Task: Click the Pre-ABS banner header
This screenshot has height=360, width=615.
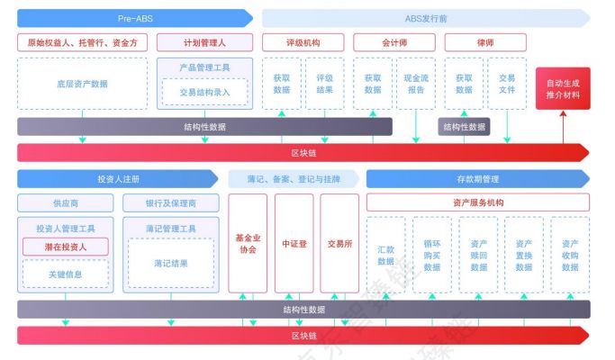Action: (x=135, y=18)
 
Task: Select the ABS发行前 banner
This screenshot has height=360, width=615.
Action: (x=426, y=18)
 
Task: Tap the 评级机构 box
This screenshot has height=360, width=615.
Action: (x=303, y=42)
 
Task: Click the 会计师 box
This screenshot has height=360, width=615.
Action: (x=394, y=42)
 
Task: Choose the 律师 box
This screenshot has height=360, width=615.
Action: (x=485, y=42)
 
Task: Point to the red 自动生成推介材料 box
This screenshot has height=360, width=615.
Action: (x=563, y=88)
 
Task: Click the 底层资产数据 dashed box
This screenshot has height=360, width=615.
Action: (x=82, y=84)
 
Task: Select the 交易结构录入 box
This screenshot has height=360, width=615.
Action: (x=204, y=92)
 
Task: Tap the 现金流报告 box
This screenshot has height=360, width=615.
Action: (x=416, y=84)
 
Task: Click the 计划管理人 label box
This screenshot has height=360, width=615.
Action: (x=204, y=42)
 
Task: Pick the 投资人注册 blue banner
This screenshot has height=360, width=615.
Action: (x=118, y=179)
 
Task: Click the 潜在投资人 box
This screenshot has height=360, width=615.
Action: (x=66, y=247)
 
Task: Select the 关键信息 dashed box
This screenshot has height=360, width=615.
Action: (x=66, y=274)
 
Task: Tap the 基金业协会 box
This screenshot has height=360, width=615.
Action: (x=248, y=244)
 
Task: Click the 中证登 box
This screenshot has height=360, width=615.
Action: (x=294, y=244)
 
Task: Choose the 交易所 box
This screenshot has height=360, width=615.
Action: (x=339, y=244)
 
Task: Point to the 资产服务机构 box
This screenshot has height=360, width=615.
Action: (x=478, y=202)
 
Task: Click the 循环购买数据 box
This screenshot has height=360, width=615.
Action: (x=432, y=255)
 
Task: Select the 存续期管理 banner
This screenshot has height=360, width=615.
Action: (x=478, y=179)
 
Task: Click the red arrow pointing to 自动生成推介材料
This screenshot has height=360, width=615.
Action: (x=564, y=127)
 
